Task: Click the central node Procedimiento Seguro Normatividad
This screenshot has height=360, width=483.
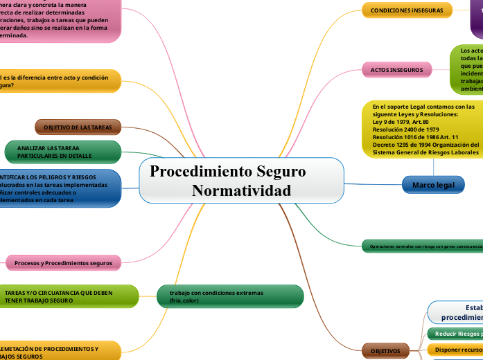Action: pyautogui.click(x=241, y=181)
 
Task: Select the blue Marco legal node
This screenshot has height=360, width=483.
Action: pyautogui.click(x=433, y=185)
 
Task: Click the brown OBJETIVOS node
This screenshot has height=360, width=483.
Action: pyautogui.click(x=386, y=351)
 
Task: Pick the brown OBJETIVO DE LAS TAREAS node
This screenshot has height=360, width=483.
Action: pyautogui.click(x=78, y=127)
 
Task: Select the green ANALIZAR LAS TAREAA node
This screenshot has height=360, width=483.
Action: pyautogui.click(x=58, y=152)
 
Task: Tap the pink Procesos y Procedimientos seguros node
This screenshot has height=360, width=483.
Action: pyautogui.click(x=63, y=263)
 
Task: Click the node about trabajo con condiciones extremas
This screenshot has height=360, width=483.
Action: pyautogui.click(x=231, y=296)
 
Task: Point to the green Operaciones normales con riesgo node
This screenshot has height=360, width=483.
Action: pyautogui.click(x=421, y=246)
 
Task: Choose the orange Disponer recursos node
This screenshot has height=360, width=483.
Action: pyautogui.click(x=455, y=350)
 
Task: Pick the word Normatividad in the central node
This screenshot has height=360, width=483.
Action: pyautogui.click(x=241, y=191)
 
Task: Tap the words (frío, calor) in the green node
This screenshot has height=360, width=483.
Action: pyautogui.click(x=184, y=301)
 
